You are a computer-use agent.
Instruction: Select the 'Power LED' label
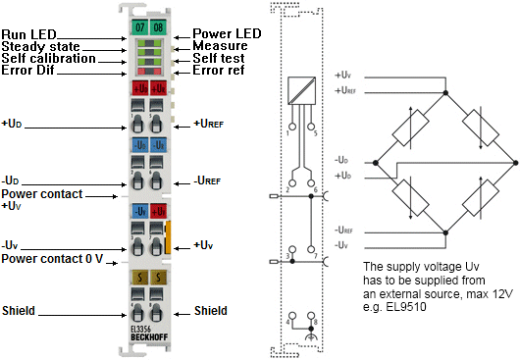[x=227, y=33]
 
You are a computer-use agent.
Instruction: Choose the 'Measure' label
[x=219, y=46]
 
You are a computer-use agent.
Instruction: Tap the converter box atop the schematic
[x=301, y=91]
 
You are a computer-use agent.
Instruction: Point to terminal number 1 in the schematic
[x=290, y=129]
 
